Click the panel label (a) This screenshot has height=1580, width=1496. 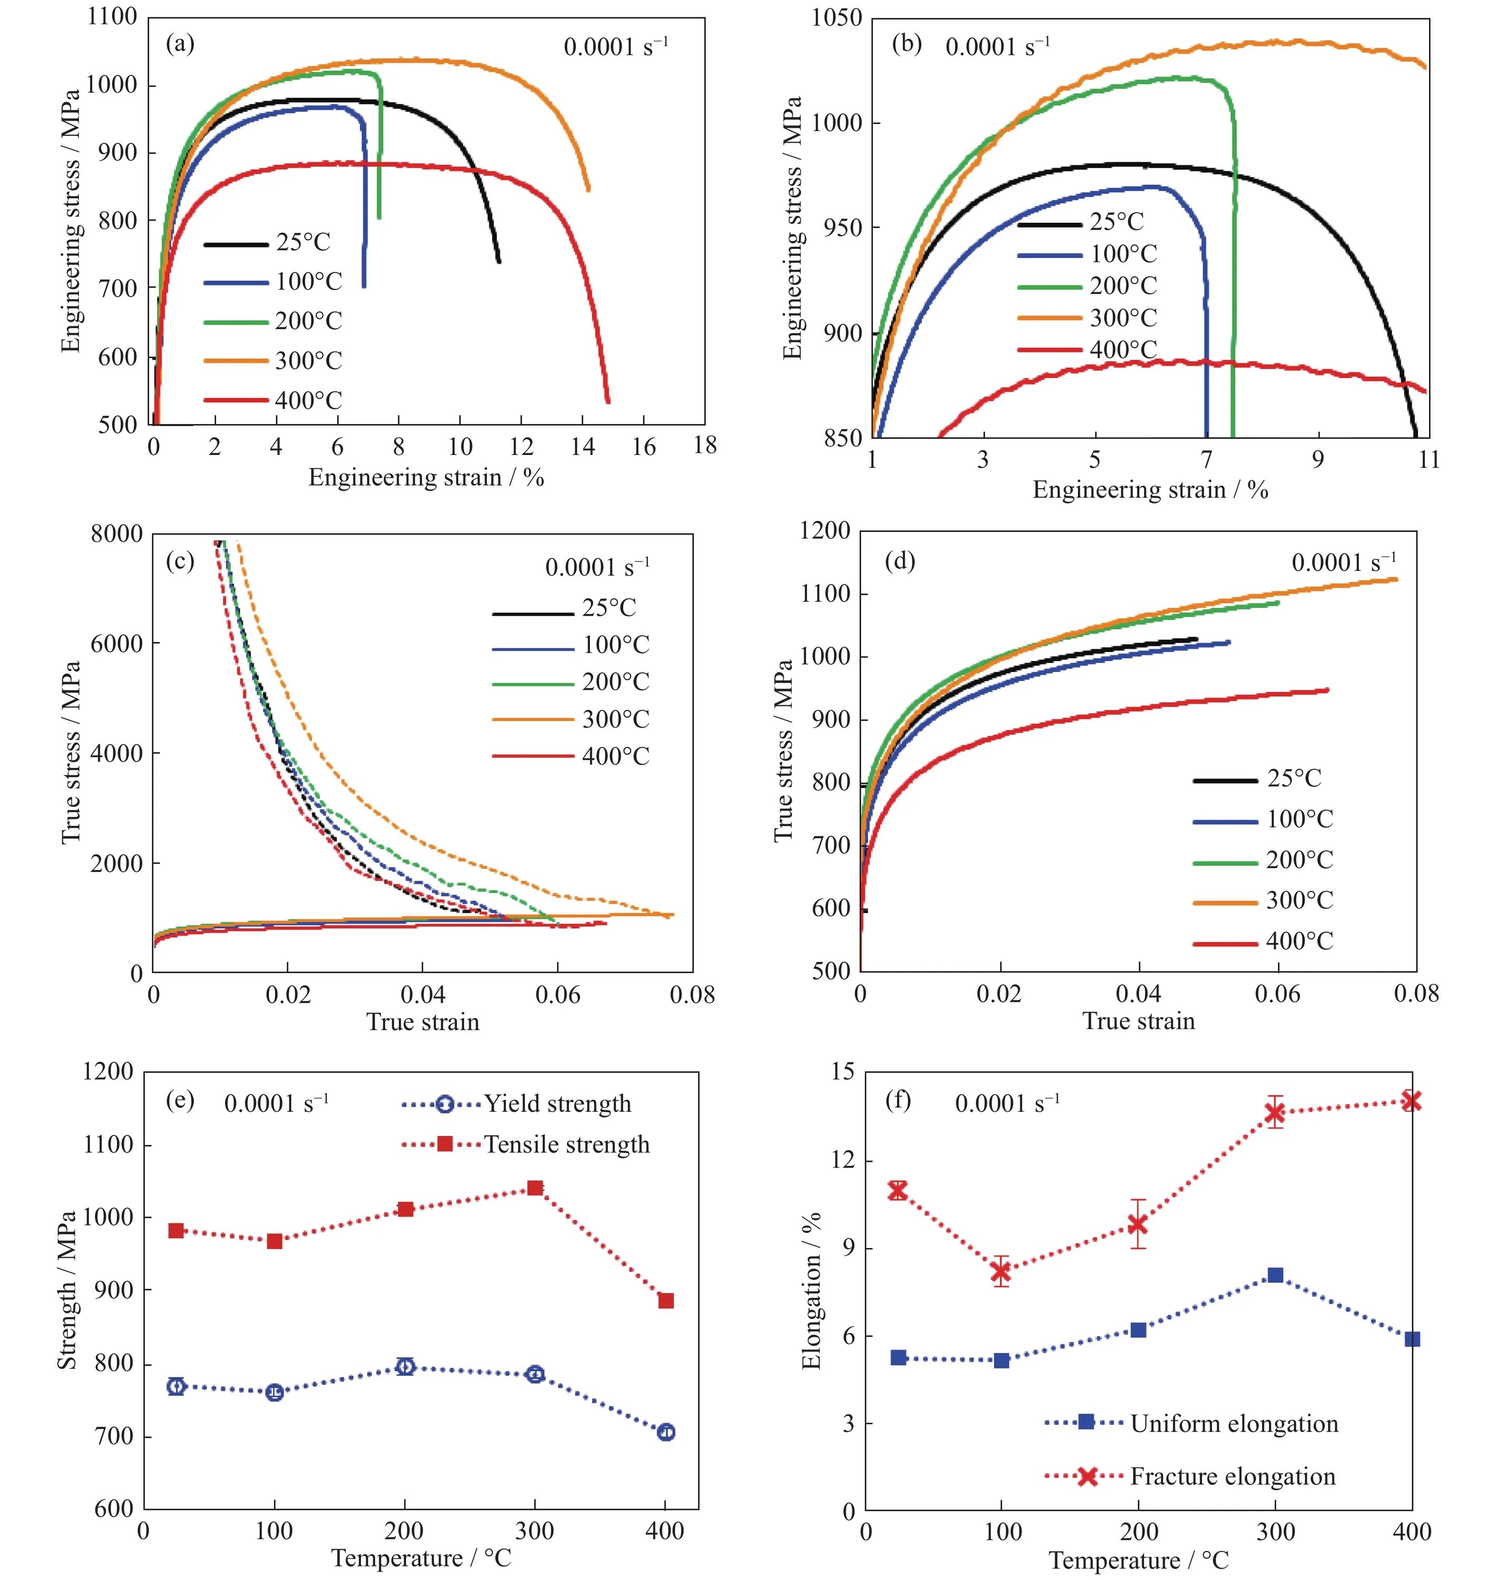180,44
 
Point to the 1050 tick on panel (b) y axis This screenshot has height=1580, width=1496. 836,17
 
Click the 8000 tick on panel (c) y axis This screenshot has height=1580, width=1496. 116,534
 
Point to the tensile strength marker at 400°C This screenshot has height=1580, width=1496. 666,1301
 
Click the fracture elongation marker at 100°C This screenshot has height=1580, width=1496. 1001,1272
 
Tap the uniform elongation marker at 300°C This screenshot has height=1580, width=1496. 1275,1276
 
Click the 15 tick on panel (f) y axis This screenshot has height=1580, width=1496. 842,1072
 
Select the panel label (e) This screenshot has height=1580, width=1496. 180,1100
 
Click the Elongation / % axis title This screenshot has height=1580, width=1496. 811,1291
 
